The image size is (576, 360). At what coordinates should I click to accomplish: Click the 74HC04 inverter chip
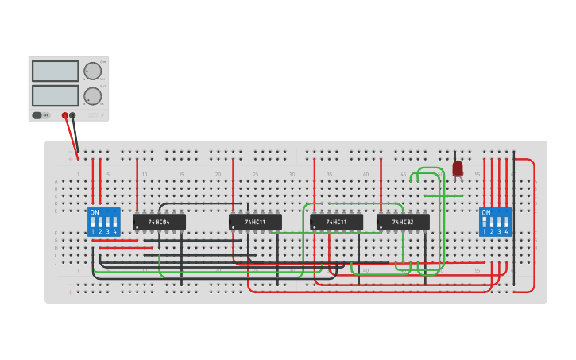coord(159,222)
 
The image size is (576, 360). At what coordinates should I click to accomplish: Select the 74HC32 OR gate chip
coord(403,222)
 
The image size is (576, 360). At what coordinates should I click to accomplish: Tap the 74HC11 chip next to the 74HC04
coord(255,222)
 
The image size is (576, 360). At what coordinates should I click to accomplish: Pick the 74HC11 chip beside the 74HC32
coord(336,222)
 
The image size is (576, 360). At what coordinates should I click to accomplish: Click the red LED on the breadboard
coord(458,168)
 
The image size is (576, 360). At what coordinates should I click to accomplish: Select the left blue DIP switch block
coord(104,222)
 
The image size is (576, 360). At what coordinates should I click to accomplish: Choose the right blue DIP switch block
coord(495,222)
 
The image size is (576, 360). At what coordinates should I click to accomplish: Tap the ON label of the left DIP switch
coord(95,213)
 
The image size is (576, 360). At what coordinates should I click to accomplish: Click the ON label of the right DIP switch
coord(485,213)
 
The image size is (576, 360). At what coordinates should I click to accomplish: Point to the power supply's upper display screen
coord(55,71)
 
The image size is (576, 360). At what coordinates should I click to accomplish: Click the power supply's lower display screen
coord(55,95)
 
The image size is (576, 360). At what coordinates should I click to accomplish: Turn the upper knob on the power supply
coord(93,71)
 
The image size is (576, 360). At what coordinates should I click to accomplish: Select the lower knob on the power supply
coord(93,96)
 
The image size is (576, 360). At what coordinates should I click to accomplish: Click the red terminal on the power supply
coord(65,115)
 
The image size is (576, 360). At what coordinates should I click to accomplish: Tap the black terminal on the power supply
coord(73,115)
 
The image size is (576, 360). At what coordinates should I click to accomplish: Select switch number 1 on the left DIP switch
coord(93,224)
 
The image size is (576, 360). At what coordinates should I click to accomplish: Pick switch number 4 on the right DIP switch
coord(505,224)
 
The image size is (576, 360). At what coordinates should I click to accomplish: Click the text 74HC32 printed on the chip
coord(403,222)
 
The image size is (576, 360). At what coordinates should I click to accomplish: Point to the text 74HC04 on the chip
coord(159,222)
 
